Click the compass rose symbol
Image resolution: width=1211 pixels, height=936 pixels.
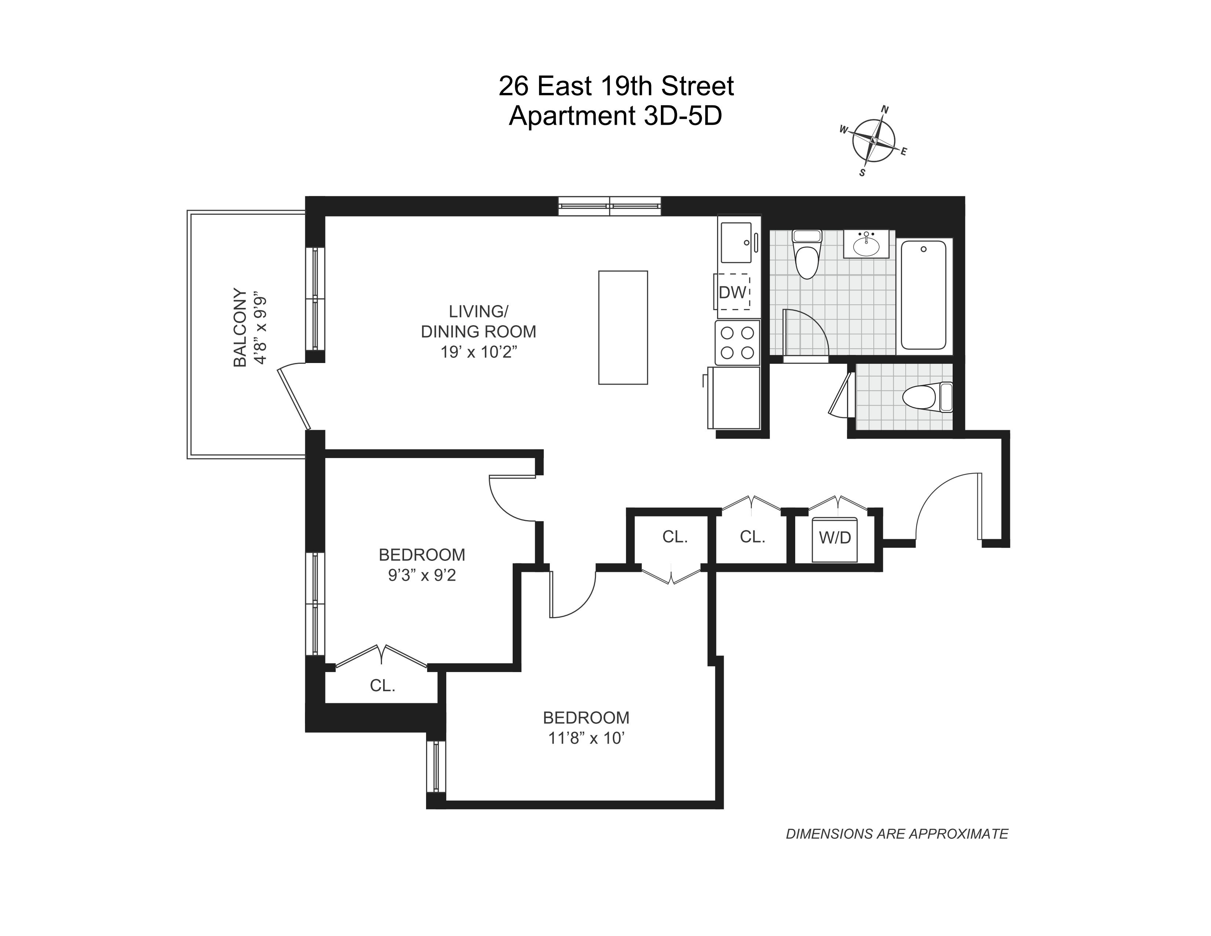tap(874, 141)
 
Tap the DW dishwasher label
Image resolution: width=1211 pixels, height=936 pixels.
tap(732, 292)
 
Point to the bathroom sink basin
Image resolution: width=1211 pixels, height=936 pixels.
tap(866, 245)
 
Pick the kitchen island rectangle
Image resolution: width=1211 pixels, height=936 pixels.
tap(623, 327)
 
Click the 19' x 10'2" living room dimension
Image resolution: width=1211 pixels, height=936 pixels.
tap(479, 352)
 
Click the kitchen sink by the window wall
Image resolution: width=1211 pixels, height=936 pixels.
tap(736, 242)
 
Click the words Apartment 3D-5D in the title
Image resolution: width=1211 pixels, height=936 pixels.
tap(615, 116)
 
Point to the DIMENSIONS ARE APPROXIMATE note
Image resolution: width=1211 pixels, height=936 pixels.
tap(897, 849)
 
